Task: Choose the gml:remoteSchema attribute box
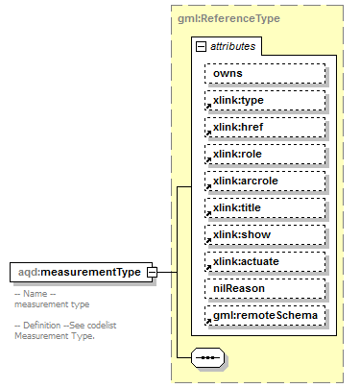[264, 315]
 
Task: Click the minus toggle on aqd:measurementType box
[151, 274]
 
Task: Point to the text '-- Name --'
[36, 294]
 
